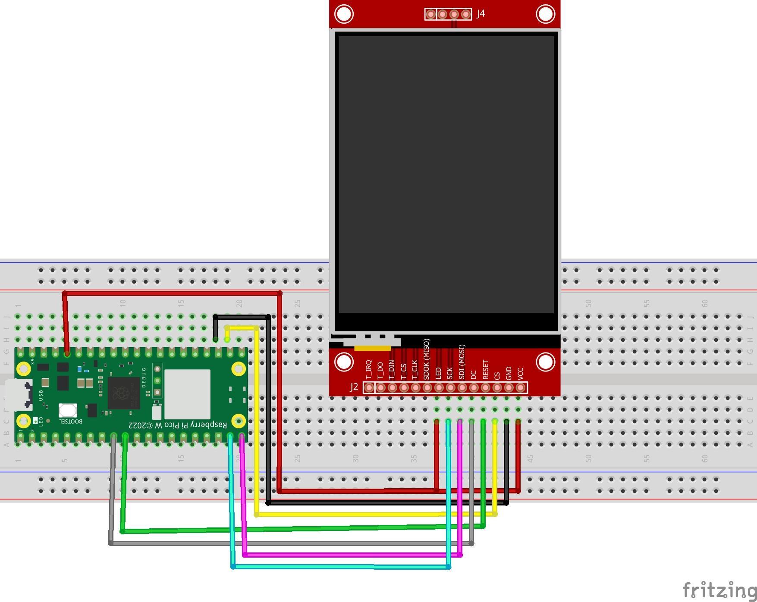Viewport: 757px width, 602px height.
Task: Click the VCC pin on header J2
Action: (x=520, y=388)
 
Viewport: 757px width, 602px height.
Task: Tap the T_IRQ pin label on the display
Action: (x=368, y=370)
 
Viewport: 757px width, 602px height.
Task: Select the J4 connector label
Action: (x=481, y=14)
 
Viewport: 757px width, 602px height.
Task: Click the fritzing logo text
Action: (x=719, y=590)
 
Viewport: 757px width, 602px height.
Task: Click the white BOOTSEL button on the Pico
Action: (x=68, y=410)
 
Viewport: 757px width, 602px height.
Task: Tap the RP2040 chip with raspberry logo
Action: (x=124, y=393)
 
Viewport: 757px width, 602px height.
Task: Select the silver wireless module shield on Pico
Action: (x=187, y=394)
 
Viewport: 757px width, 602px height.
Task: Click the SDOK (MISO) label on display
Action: (x=427, y=359)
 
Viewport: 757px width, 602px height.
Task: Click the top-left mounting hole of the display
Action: (x=344, y=14)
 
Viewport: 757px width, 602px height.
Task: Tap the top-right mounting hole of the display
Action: (x=545, y=14)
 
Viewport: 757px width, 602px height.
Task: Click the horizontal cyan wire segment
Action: (x=341, y=567)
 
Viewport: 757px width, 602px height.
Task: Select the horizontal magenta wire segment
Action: (x=352, y=555)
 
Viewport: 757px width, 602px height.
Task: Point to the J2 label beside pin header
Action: (x=354, y=387)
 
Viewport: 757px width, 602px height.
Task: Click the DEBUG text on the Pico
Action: (x=144, y=377)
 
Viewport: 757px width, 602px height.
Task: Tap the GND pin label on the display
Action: (x=509, y=373)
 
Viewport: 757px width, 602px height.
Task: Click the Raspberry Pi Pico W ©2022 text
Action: (x=177, y=425)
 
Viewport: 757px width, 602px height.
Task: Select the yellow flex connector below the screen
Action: (x=372, y=348)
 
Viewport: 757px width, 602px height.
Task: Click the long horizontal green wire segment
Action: (x=302, y=529)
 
